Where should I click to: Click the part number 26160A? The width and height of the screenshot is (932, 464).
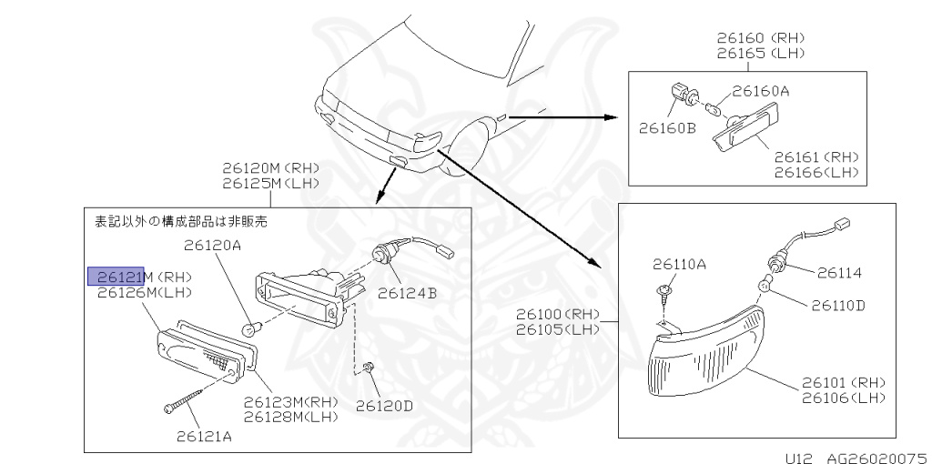pyautogui.click(x=761, y=91)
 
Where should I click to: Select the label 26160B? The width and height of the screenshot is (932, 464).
pyautogui.click(x=666, y=127)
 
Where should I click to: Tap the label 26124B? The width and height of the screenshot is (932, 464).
pyautogui.click(x=408, y=293)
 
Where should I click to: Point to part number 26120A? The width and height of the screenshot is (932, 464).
pyautogui.click(x=212, y=245)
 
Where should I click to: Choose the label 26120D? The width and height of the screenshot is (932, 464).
pyautogui.click(x=384, y=406)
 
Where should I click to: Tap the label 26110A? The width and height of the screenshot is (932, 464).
pyautogui.click(x=679, y=265)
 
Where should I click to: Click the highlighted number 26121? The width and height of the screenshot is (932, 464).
pyautogui.click(x=116, y=276)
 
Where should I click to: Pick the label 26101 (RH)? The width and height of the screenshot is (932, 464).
pyautogui.click(x=844, y=382)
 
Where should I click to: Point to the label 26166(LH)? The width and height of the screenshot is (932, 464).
pyautogui.click(x=816, y=172)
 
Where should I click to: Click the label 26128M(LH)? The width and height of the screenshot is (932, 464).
pyautogui.click(x=290, y=417)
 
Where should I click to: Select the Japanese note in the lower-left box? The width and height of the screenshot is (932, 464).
pyautogui.click(x=181, y=221)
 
